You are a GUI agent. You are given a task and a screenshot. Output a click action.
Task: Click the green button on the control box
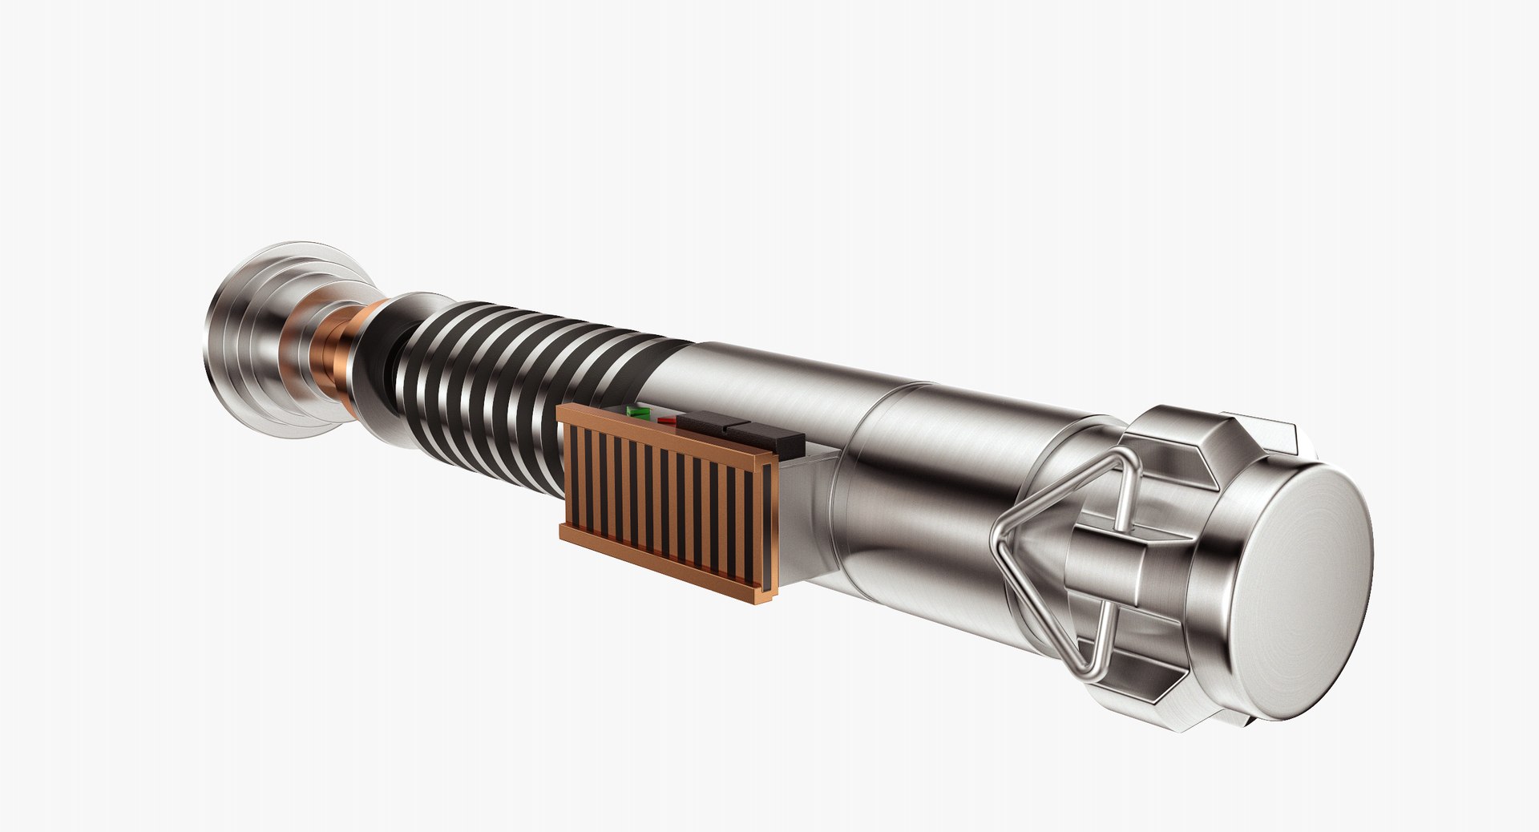point(639,412)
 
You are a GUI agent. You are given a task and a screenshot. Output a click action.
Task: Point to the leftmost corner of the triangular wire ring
point(996,539)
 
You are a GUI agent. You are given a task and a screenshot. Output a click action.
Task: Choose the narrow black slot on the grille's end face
point(768,529)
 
